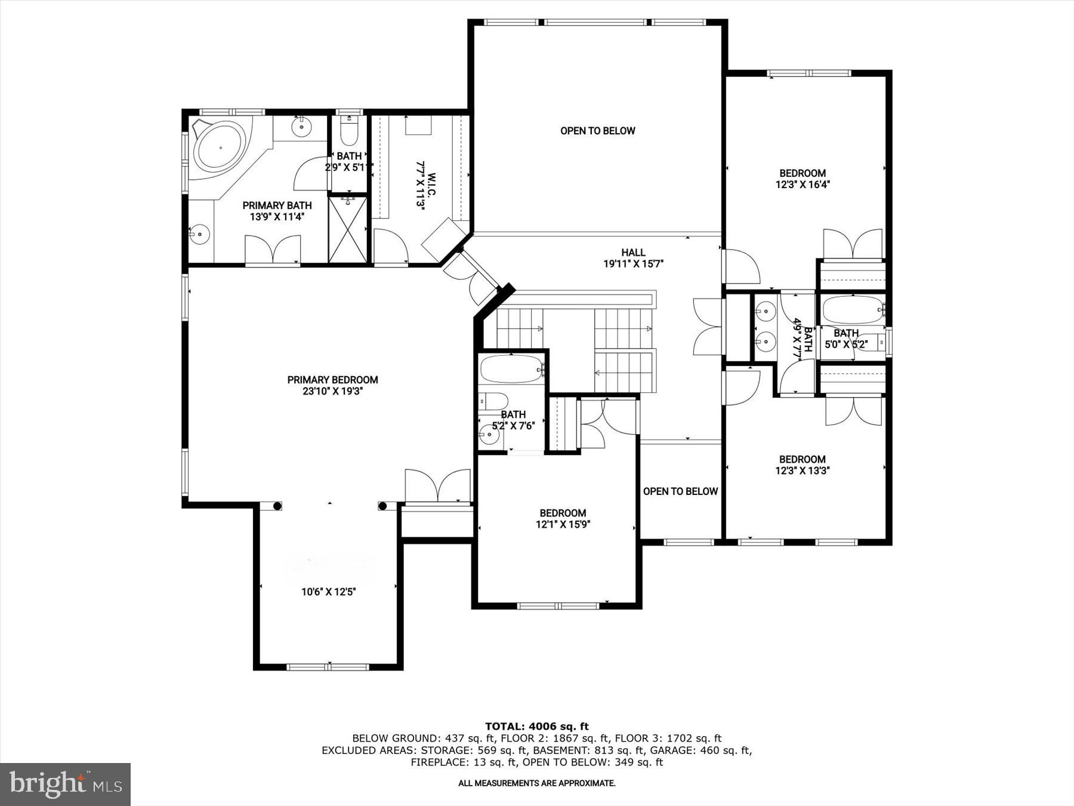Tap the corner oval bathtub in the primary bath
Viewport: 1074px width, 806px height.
click(220, 147)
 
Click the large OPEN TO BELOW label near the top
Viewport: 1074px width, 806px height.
click(597, 131)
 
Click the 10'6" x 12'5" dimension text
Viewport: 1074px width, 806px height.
click(328, 592)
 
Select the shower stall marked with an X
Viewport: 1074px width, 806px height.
click(348, 229)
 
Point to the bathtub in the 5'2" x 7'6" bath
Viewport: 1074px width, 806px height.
click(512, 369)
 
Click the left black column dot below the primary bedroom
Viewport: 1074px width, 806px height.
click(277, 506)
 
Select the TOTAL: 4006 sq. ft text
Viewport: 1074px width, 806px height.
click(536, 726)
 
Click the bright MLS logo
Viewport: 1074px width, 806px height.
click(65, 784)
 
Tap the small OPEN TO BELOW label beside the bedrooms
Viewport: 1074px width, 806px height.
click(680, 491)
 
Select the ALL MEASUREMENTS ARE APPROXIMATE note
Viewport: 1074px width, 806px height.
click(536, 783)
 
